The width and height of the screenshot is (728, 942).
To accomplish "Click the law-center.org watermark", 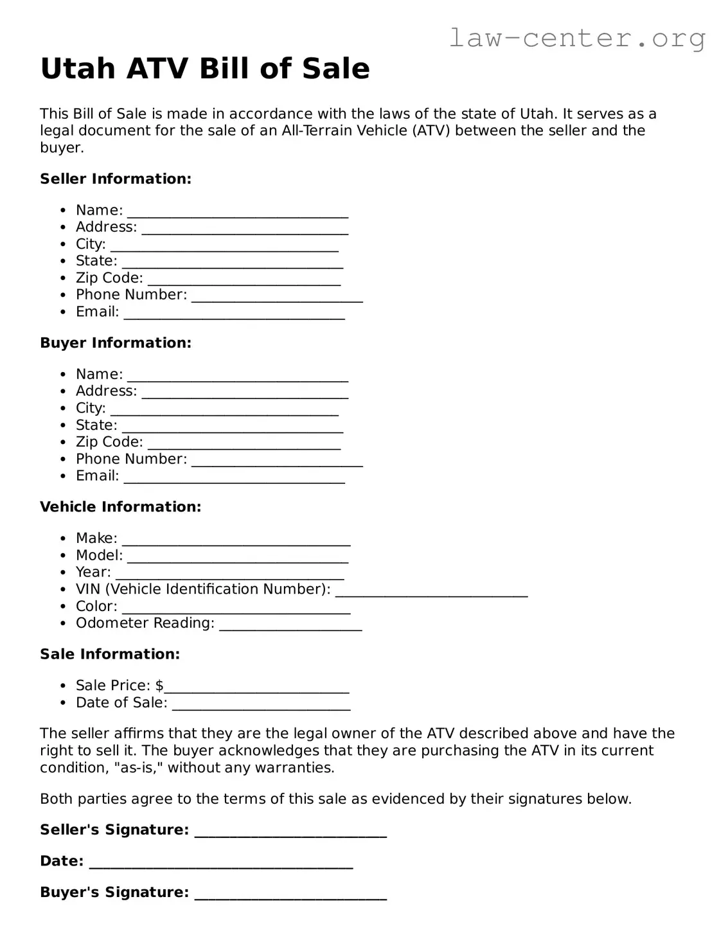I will coord(576,38).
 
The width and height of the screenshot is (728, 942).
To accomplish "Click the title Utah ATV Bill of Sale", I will coord(205,69).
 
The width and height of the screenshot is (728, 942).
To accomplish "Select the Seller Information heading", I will coord(116,179).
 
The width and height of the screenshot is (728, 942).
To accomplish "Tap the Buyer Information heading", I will coord(116,342).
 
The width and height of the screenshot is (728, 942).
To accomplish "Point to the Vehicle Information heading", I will coord(121,506).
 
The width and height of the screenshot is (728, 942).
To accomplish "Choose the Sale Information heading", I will coord(110,653).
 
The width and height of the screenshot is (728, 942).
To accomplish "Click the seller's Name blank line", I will coord(238,212).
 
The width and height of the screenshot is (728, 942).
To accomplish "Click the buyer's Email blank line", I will coord(235,477).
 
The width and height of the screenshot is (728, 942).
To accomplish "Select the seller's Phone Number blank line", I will coord(277,296).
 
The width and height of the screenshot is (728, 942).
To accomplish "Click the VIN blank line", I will coord(431,591).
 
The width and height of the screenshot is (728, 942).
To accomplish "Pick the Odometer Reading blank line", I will coord(290,625).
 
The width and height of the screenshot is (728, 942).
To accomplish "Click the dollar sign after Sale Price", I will coord(159,685).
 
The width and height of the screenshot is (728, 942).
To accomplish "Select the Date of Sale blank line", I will coord(262,704).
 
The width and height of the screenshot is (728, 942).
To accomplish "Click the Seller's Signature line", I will coord(290,831).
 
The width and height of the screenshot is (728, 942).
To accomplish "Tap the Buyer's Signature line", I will coord(290,894).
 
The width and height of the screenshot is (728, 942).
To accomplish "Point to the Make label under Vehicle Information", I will coord(96,538).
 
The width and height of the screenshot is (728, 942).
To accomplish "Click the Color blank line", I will coord(236,608).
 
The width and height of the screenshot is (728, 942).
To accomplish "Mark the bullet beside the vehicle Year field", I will coord(63,573).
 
